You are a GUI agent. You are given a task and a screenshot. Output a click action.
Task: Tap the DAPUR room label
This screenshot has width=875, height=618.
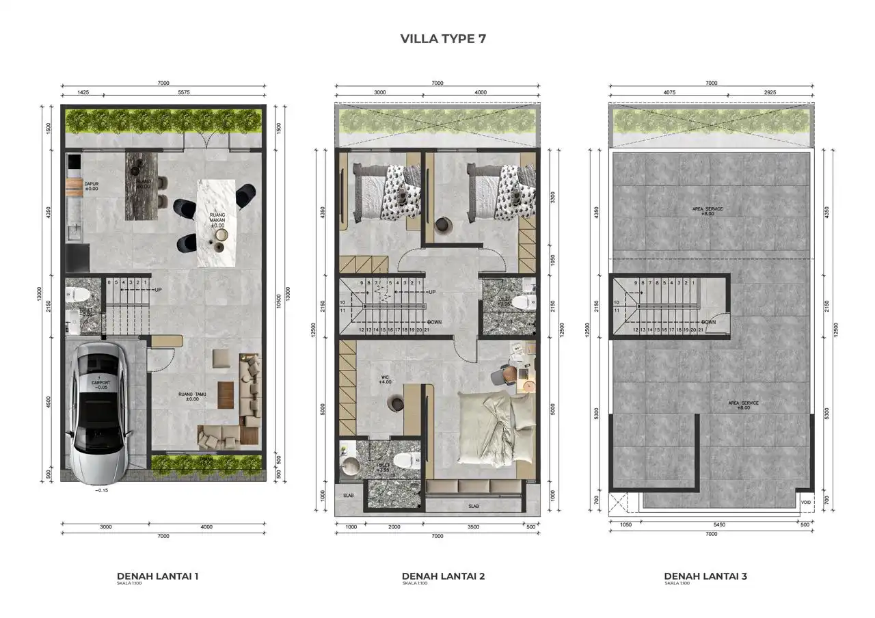91,186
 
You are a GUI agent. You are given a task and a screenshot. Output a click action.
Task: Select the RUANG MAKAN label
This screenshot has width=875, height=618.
217,220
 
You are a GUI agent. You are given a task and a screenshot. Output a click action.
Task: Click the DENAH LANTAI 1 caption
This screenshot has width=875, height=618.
157,576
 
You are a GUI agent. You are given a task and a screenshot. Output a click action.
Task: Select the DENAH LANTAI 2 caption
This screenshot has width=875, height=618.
443,576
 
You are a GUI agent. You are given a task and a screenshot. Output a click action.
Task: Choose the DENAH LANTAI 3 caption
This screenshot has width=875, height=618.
705,576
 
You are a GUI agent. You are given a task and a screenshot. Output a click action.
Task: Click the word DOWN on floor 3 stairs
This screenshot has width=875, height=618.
708,322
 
